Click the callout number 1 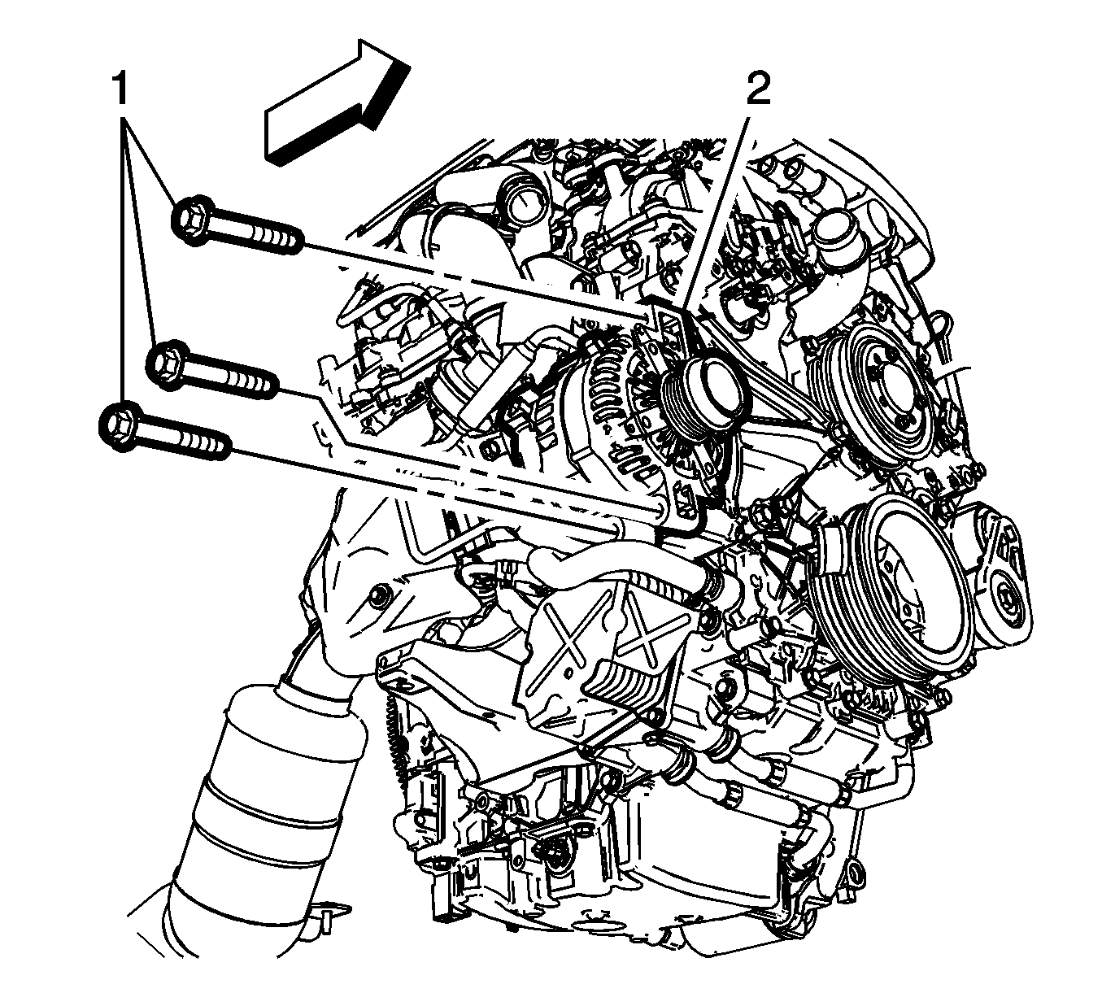pyautogui.click(x=120, y=89)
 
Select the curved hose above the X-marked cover pyautogui.click(x=616, y=572)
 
